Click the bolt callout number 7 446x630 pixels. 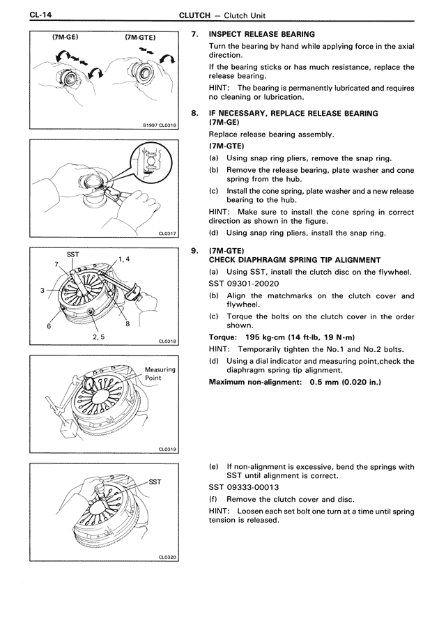click(56, 265)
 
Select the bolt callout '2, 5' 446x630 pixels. click(99, 338)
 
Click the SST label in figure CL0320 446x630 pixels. click(155, 481)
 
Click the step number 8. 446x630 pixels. click(195, 113)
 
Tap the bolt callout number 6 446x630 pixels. click(49, 325)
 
